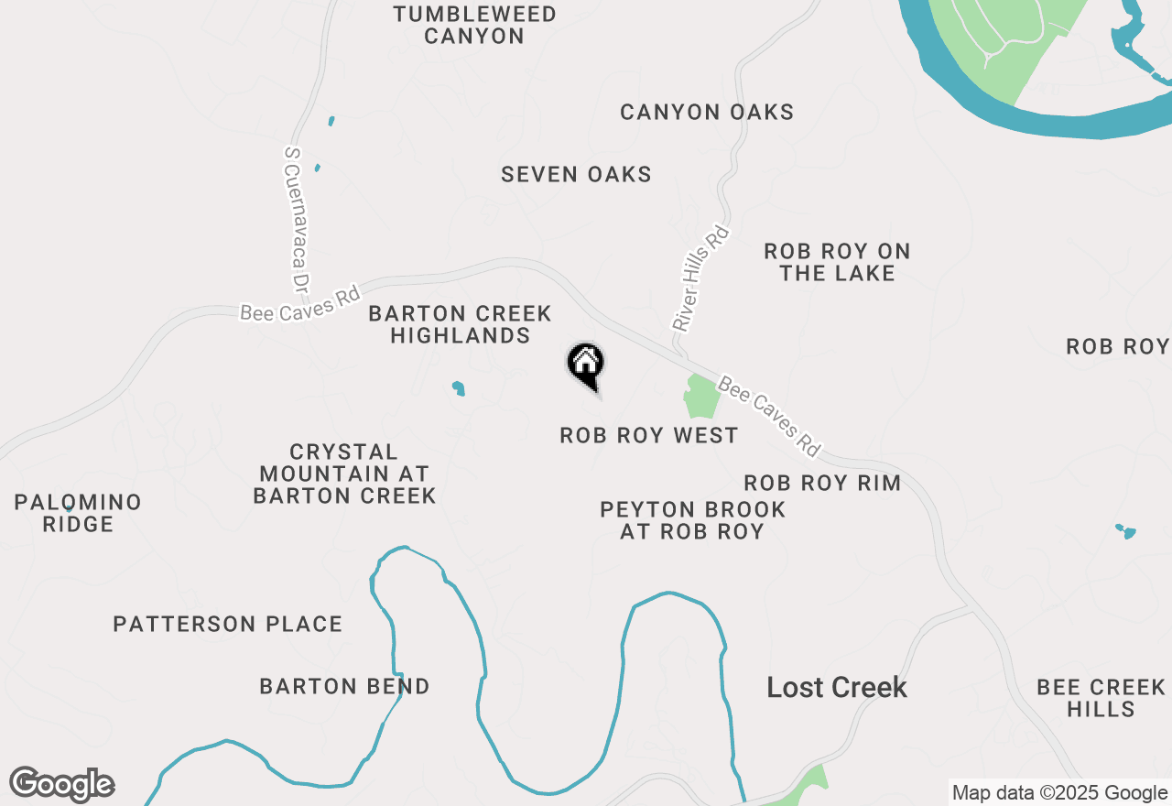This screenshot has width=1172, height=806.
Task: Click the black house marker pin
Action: [x=586, y=365]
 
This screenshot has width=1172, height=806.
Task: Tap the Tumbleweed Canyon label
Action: [x=474, y=26]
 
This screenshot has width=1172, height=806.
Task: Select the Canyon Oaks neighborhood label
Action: [x=707, y=113]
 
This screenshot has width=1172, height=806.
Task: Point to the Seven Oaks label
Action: [x=576, y=174]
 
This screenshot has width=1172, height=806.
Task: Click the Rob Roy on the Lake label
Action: [x=837, y=262]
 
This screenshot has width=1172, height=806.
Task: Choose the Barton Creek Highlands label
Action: [x=460, y=325]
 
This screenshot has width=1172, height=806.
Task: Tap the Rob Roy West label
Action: [x=648, y=435]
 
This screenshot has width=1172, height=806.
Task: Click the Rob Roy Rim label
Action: [x=821, y=483]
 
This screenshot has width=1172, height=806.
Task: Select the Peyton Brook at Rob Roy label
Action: [x=692, y=520]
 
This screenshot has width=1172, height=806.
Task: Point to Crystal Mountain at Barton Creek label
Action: [x=344, y=474]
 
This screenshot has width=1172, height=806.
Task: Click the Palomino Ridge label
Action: [x=78, y=513]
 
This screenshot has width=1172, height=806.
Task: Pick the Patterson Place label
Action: [x=227, y=625]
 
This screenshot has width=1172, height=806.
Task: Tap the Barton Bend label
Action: [x=344, y=687]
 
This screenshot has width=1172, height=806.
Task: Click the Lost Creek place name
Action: [x=837, y=688]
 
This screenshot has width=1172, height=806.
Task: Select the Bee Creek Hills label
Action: [x=1101, y=698]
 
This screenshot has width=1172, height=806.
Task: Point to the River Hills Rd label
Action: [x=700, y=278]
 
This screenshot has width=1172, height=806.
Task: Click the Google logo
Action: [x=61, y=784]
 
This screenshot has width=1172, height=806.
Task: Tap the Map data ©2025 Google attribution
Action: [x=1058, y=793]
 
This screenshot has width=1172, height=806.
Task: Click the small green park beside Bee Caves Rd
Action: [x=701, y=397]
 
